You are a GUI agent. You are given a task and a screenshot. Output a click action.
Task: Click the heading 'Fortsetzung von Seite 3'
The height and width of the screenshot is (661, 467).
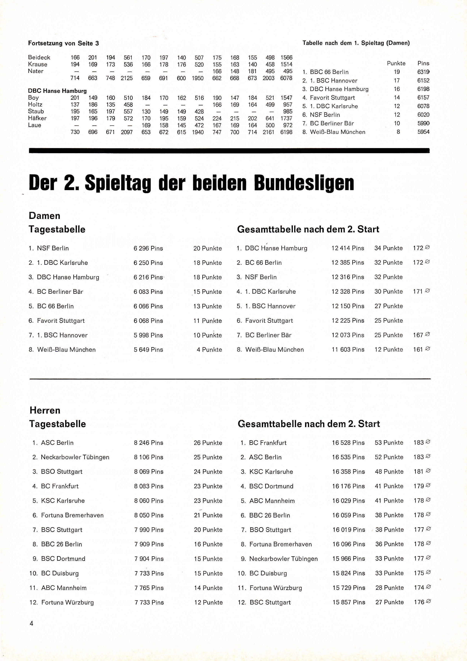(63, 43)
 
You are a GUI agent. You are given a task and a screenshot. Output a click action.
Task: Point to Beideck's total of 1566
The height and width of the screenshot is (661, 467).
(286, 58)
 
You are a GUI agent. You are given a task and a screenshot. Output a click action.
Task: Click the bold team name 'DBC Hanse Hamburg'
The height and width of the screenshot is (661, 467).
(57, 91)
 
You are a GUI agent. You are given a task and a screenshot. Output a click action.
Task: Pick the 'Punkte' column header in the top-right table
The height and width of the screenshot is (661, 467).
(396, 63)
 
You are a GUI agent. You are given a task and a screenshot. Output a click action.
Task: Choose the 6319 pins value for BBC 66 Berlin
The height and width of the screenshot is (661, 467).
(423, 72)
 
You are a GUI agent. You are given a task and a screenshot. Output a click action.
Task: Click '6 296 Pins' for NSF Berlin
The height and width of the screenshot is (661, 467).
(148, 248)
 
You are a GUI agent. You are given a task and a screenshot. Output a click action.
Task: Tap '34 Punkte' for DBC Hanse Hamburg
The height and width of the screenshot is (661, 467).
(388, 248)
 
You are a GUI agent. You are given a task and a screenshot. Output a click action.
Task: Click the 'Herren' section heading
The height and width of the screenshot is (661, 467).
(45, 410)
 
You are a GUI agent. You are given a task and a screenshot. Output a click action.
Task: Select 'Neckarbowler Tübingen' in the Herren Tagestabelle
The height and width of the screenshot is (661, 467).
(75, 457)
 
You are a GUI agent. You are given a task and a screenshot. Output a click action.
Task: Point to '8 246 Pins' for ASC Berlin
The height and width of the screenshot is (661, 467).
(148, 443)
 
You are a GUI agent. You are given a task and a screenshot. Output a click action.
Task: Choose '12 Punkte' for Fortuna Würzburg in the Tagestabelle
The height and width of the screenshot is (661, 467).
(208, 602)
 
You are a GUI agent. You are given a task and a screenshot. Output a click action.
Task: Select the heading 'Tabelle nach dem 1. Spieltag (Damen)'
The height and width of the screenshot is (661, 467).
(356, 43)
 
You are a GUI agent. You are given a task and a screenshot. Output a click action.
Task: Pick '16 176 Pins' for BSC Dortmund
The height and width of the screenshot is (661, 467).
(348, 486)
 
